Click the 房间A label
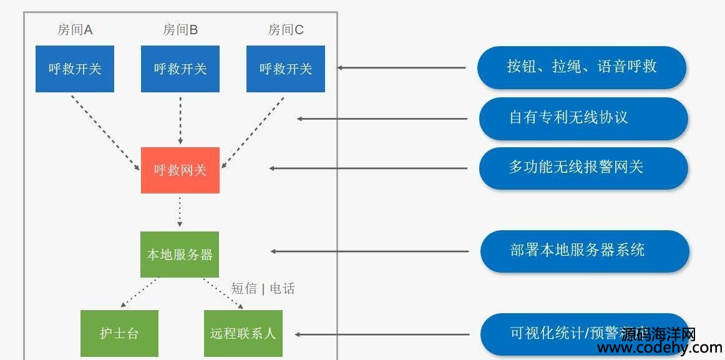tap(75, 29)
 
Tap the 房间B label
tap(180, 29)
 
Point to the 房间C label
tap(286, 29)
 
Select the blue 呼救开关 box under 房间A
tap(75, 69)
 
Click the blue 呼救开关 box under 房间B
tap(180, 69)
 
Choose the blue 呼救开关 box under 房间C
tap(286, 69)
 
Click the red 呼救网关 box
tap(180, 170)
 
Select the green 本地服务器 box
tap(180, 255)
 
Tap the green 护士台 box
tap(119, 333)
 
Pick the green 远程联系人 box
tap(243, 333)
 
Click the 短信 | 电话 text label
tap(263, 288)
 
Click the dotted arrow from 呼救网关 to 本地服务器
tap(180, 212)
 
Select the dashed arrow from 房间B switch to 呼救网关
tap(180, 119)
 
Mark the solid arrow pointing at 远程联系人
tap(381, 334)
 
